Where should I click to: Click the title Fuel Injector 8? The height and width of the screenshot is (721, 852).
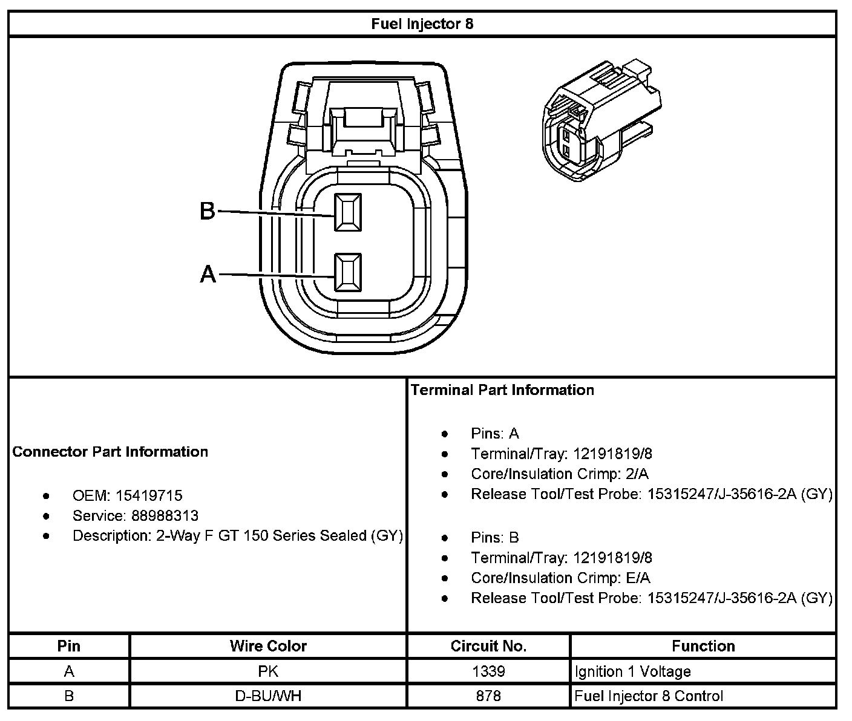(422, 24)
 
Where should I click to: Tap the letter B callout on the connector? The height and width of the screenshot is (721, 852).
(208, 211)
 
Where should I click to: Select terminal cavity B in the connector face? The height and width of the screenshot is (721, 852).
(348, 212)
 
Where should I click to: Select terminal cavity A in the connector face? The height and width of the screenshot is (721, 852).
(348, 272)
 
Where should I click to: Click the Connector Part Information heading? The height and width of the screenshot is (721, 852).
(110, 452)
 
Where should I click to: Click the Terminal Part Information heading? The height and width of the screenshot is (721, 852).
(502, 390)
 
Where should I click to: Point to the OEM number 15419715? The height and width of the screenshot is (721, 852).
(149, 496)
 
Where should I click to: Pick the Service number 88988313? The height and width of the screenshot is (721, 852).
(165, 516)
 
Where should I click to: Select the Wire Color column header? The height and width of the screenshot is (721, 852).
(268, 646)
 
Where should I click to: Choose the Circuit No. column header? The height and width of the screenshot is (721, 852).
(488, 646)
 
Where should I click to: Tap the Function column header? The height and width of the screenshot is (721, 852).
(703, 646)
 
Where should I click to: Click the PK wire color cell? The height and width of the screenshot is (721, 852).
(268, 671)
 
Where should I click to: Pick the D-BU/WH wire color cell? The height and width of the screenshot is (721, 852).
(268, 696)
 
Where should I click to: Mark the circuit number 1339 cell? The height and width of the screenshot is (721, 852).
(488, 671)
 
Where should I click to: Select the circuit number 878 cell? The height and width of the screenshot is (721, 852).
(488, 696)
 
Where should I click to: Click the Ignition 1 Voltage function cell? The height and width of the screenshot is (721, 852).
(632, 671)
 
